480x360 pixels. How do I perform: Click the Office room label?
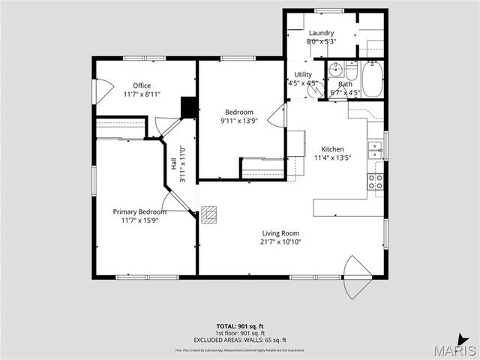click(142, 85)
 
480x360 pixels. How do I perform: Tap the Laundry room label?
click(321, 33)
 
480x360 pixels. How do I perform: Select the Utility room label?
click(303, 74)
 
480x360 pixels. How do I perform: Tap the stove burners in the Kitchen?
click(375, 181)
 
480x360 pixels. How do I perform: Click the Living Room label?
click(280, 232)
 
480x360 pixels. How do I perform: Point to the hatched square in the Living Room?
click(210, 215)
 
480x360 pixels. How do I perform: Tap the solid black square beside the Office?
click(189, 107)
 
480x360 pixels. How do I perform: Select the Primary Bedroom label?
click(139, 211)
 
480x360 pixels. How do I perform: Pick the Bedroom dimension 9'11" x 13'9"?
click(240, 121)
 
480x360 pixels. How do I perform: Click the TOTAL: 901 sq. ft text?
click(241, 326)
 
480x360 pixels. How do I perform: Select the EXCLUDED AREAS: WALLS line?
click(241, 340)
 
